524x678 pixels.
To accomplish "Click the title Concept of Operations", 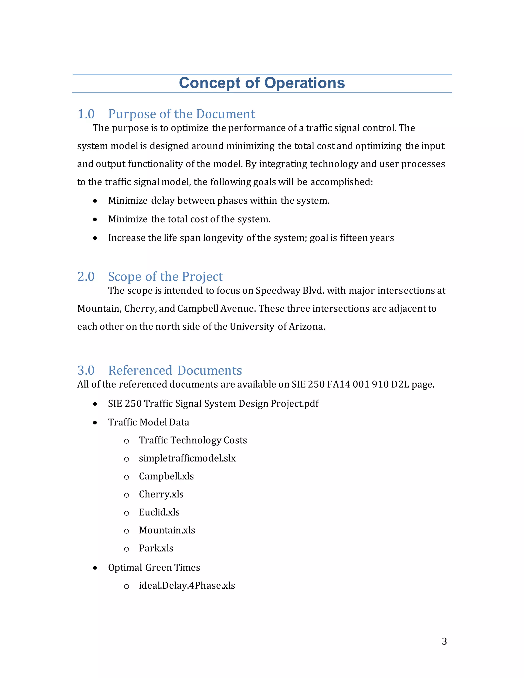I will pyautogui.click(x=262, y=83).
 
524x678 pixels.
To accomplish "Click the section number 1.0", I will pyautogui.click(x=86, y=114).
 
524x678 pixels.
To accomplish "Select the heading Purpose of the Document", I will pyautogui.click(x=181, y=114).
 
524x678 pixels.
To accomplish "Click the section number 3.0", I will pyautogui.click(x=86, y=370).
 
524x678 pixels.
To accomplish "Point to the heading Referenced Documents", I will pyautogui.click(x=175, y=370).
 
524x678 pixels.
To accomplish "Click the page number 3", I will pyautogui.click(x=444, y=641).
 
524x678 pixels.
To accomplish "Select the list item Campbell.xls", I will pyautogui.click(x=166, y=476).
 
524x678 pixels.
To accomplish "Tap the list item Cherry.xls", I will pyautogui.click(x=161, y=494).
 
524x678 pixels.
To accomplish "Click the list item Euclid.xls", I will pyautogui.click(x=159, y=512).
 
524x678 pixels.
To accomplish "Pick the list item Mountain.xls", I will pyautogui.click(x=167, y=530).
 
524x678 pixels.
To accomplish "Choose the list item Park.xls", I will pyautogui.click(x=156, y=548).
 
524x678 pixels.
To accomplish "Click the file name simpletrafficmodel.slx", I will pyautogui.click(x=187, y=458).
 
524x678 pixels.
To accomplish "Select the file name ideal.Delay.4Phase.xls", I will pyautogui.click(x=187, y=585).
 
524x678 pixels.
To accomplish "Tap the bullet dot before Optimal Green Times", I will pyautogui.click(x=95, y=568).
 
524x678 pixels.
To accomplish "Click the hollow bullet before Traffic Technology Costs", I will pyautogui.click(x=126, y=441).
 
